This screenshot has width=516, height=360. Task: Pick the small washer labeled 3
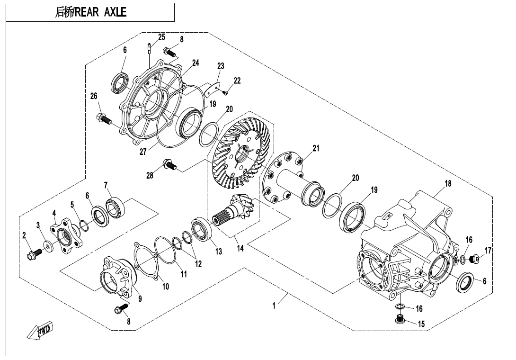(x=48, y=245)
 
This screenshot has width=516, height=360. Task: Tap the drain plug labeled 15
(x=400, y=321)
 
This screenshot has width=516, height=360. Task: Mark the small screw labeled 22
(x=225, y=92)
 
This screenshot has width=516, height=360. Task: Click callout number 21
(x=316, y=149)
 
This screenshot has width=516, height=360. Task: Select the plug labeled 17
(x=474, y=259)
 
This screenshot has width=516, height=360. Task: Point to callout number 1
(x=274, y=306)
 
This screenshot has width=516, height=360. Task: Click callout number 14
(x=240, y=248)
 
